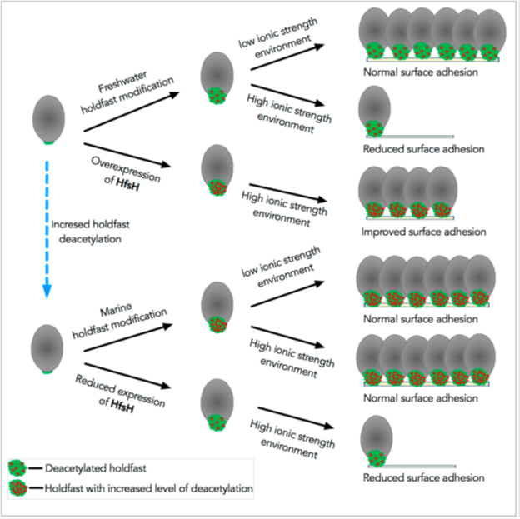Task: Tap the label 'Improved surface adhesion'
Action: (423, 232)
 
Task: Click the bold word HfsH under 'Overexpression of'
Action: (127, 184)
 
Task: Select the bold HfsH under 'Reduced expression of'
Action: (122, 406)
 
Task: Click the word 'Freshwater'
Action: (122, 82)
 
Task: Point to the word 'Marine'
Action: (116, 310)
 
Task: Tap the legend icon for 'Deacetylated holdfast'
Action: (17, 468)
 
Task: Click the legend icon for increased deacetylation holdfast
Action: (18, 488)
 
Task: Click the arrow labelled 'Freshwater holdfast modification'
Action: (132, 112)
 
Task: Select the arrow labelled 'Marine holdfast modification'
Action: (128, 337)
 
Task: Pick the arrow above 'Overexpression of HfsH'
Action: (127, 155)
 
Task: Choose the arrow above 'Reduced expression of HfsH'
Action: (127, 376)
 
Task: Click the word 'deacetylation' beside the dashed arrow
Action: (90, 239)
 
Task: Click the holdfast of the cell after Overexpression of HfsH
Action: (217, 187)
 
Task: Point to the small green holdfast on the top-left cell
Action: (48, 142)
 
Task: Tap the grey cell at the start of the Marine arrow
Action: (47, 348)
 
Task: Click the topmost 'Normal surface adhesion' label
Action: (421, 72)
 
